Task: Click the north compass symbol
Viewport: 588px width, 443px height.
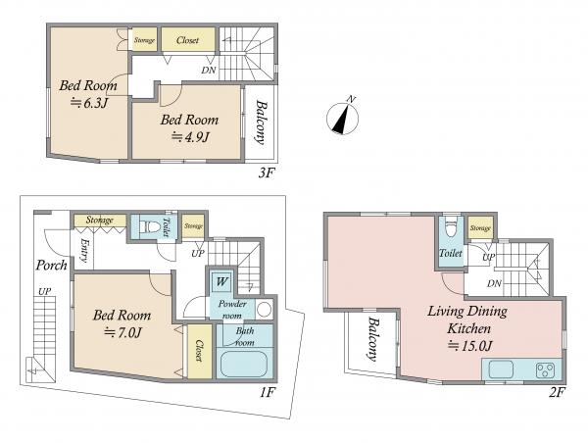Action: click(x=342, y=117)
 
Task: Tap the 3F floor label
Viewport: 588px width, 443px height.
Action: click(x=267, y=173)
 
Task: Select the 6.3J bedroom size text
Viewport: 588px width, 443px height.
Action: click(x=89, y=103)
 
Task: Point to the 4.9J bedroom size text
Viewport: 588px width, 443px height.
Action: click(x=190, y=137)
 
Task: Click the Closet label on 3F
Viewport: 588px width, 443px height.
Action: click(x=187, y=40)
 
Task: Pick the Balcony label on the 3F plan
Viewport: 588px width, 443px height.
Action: click(x=261, y=122)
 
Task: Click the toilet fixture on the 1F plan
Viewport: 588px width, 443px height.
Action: click(x=149, y=227)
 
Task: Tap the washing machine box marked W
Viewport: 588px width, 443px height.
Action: click(x=221, y=281)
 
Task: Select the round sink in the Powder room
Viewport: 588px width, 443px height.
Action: click(x=265, y=310)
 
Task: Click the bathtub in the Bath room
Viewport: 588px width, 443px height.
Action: click(x=244, y=365)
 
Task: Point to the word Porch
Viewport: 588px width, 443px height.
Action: click(x=51, y=266)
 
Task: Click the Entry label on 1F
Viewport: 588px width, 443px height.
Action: click(x=84, y=251)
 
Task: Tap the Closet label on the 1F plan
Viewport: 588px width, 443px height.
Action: click(x=199, y=351)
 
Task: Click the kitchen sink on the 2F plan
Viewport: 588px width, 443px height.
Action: click(x=501, y=369)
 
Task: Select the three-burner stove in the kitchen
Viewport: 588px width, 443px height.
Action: click(x=546, y=369)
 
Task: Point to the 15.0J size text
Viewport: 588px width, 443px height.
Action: click(x=469, y=346)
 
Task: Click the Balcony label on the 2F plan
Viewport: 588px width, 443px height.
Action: click(x=372, y=339)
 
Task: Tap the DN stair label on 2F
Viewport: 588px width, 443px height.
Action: click(x=494, y=283)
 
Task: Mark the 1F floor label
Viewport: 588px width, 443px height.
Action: click(x=268, y=393)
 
